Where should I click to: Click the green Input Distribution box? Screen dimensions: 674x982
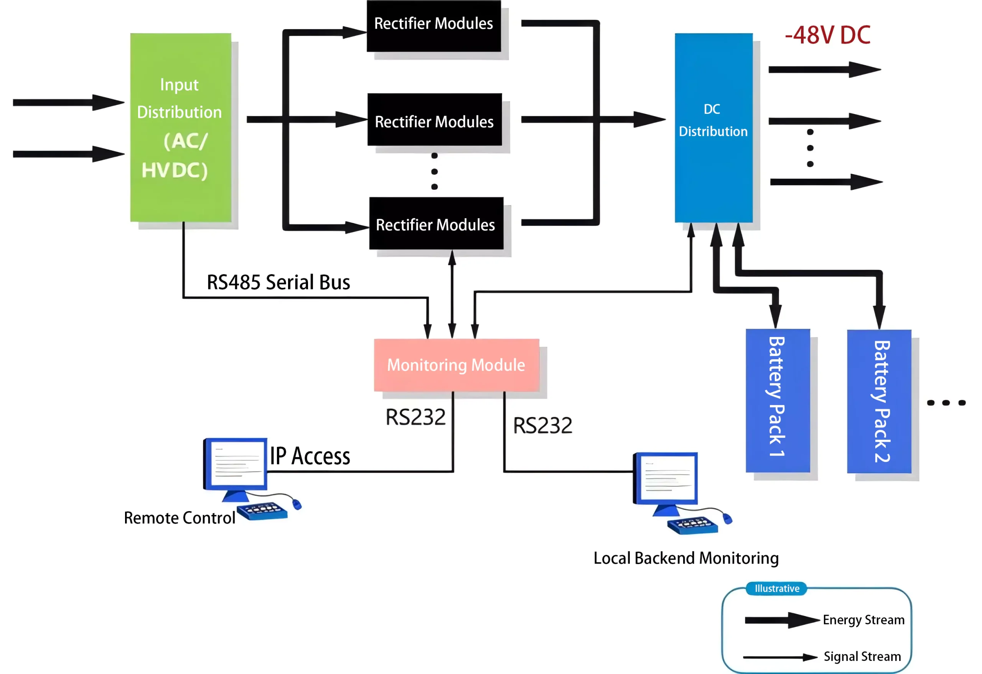(x=180, y=128)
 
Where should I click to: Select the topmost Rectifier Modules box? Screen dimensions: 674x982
(x=433, y=25)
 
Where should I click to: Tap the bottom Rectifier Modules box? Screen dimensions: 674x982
(x=436, y=224)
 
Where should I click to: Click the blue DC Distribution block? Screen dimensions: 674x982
(x=713, y=128)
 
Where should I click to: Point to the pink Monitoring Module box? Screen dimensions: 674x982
(x=456, y=365)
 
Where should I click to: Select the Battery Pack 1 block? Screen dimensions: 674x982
(x=778, y=400)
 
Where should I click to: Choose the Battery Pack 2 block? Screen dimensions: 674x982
(x=879, y=401)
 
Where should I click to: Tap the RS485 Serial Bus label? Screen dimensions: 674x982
(x=278, y=282)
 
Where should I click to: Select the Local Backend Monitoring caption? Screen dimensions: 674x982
(x=686, y=558)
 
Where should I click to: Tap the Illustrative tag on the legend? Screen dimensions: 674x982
(x=777, y=588)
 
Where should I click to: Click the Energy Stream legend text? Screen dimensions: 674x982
(x=863, y=620)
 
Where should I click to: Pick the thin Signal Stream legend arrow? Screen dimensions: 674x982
(x=779, y=657)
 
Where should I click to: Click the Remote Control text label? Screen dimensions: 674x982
(x=179, y=518)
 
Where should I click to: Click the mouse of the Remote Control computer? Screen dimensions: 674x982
(x=297, y=504)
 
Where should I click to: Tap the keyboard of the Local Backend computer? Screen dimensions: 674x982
(x=692, y=525)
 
